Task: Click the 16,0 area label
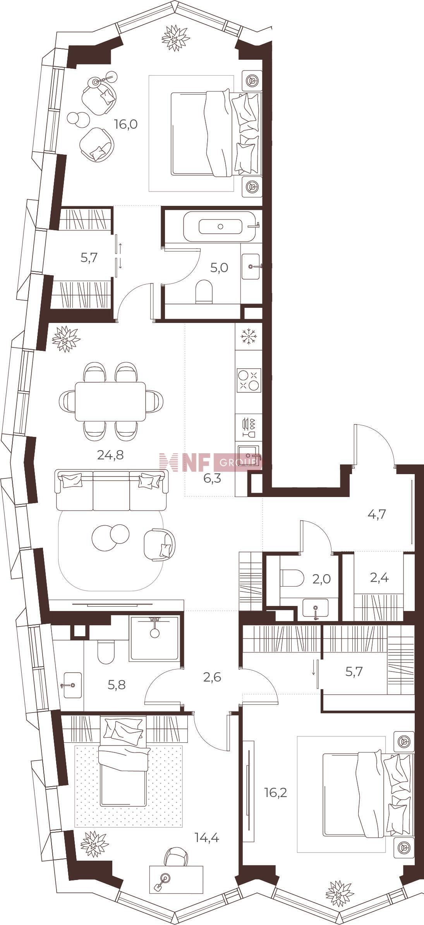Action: [x=126, y=124]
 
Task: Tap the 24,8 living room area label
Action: [x=110, y=455]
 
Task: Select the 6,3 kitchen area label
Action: [x=212, y=479]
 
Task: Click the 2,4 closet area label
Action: [x=379, y=578]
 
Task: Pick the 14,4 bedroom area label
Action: [x=207, y=838]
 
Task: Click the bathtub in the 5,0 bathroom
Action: [x=220, y=226]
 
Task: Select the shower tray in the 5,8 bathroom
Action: [x=155, y=639]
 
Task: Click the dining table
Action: [x=110, y=401]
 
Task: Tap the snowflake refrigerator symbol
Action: [x=248, y=336]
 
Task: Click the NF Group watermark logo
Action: [x=211, y=462]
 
